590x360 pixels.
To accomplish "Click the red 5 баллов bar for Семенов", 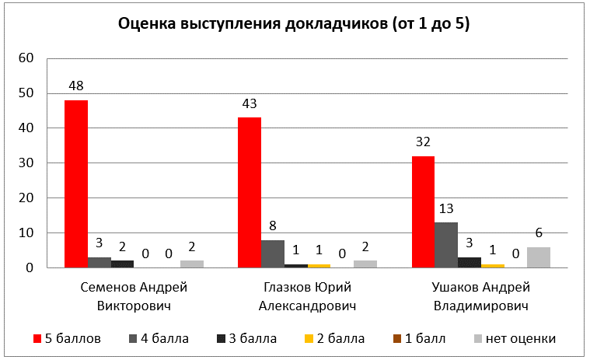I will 76,183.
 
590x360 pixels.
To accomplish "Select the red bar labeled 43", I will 249,192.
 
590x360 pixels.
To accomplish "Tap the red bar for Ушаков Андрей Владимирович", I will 423,211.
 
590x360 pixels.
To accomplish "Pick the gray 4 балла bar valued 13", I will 446,245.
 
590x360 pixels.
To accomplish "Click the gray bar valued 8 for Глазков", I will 272,253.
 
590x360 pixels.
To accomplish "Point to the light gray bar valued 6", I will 539,257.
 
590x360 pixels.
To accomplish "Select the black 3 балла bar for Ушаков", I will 469,262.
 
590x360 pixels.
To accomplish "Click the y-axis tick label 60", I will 27,58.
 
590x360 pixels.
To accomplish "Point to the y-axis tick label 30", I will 27,163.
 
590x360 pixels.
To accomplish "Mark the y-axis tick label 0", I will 30,268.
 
